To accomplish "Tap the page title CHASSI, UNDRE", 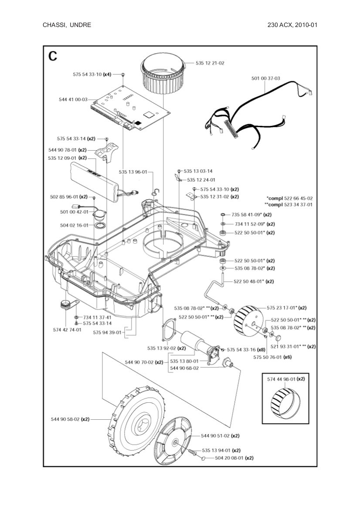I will [67, 25].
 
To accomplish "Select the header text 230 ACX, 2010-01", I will [292, 25].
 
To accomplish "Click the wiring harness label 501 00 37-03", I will [265, 78].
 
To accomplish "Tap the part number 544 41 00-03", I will [73, 99].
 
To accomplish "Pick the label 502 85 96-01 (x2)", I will [68, 197].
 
